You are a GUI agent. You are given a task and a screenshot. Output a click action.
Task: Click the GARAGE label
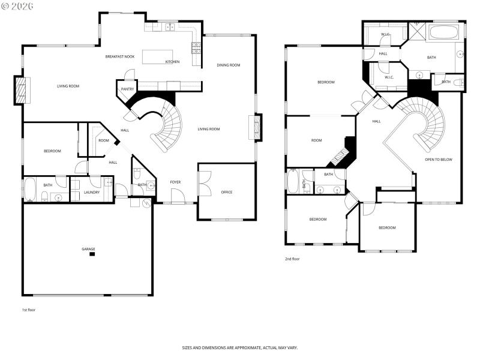88,249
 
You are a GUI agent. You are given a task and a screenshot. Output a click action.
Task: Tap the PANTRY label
127,89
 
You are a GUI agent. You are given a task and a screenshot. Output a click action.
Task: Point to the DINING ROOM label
229,65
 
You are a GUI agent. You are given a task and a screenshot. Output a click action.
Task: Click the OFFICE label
226,192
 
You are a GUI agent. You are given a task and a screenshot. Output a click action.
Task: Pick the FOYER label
175,182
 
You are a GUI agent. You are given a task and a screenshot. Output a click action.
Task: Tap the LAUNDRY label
92,192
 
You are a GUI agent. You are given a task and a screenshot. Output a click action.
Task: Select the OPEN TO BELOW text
439,160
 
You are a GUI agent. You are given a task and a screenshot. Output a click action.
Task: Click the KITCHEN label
173,62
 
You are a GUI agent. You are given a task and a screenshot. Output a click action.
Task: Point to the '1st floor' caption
28,310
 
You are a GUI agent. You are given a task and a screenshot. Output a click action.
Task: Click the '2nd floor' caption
292,259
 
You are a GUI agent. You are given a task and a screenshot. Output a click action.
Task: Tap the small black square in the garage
92,254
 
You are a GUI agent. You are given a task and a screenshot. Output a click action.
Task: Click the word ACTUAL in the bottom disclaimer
267,348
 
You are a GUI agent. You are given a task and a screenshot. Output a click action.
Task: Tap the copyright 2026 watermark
17,5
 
